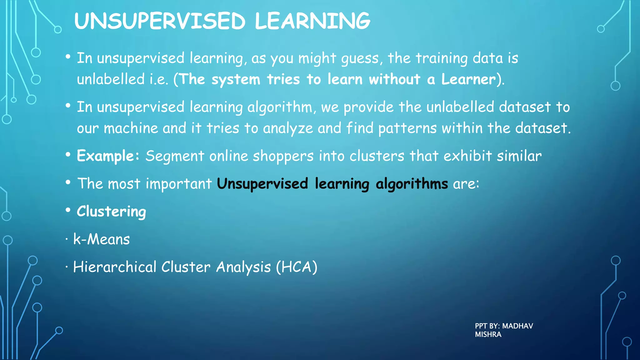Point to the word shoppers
click(283, 156)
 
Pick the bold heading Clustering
click(111, 212)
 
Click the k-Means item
click(101, 239)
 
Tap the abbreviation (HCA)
click(297, 267)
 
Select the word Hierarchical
click(114, 267)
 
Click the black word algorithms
click(412, 184)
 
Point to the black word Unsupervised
click(262, 184)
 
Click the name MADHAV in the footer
click(517, 326)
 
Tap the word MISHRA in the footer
click(488, 334)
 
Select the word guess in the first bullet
click(360, 58)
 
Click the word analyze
click(288, 128)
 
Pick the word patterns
click(407, 128)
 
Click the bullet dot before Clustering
click(68, 210)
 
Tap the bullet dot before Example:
click(68, 154)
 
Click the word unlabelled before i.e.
click(111, 79)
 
